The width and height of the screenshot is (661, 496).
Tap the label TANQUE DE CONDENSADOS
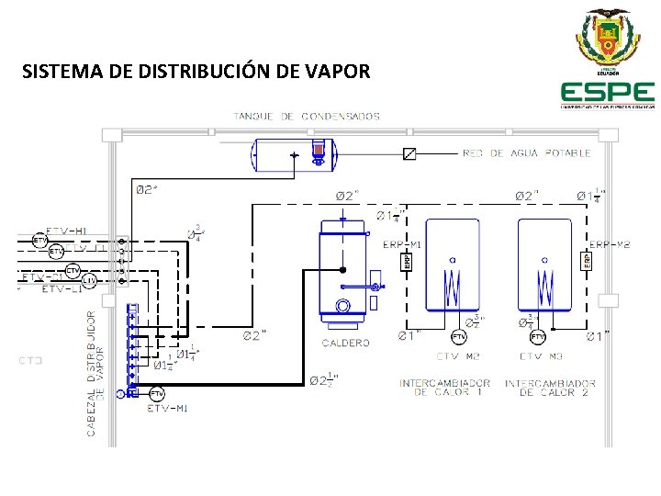pos(306,117)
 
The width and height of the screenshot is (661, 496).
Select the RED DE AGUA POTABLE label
pos(527,153)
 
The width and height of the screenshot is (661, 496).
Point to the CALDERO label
pos(345,343)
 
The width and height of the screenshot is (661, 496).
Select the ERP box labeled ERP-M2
pos(587,261)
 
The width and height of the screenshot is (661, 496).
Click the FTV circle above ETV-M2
pos(459,337)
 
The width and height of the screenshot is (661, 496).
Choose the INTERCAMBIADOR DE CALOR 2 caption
pos(550,388)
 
